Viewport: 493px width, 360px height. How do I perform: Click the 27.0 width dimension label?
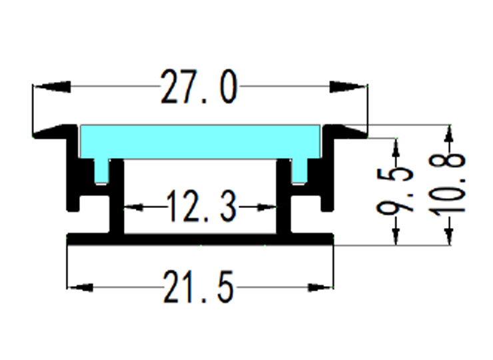pyautogui.click(x=199, y=88)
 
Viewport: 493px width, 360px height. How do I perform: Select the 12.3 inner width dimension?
pyautogui.click(x=201, y=207)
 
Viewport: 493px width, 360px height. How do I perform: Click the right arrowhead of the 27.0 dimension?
pyautogui.click(x=348, y=87)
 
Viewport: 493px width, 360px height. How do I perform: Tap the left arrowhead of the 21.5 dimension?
pyautogui.click(x=80, y=288)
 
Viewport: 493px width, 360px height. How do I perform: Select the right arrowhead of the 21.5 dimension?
pyautogui.click(x=320, y=288)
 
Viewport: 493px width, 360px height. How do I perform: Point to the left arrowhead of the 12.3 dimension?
pyautogui.click(x=134, y=207)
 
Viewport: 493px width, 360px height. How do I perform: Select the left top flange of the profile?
pyautogui.click(x=53, y=132)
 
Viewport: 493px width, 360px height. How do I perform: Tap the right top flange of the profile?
pyautogui.click(x=346, y=132)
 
